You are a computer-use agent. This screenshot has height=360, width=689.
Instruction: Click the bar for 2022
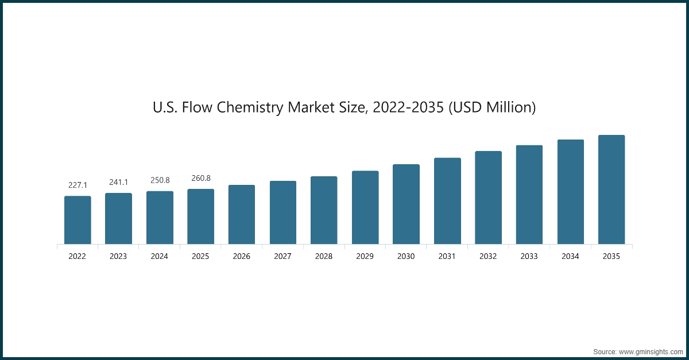[78, 220]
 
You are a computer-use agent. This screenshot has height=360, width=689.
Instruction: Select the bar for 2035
[611, 189]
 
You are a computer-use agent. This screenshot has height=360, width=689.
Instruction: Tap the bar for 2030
[406, 204]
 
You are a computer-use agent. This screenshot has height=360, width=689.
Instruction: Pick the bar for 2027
[283, 212]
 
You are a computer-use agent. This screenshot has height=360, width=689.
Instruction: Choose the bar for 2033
[529, 195]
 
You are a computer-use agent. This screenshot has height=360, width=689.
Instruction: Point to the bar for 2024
[160, 218]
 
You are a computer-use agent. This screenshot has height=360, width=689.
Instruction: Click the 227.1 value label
[78, 185]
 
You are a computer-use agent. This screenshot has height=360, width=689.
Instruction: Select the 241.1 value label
[118, 183]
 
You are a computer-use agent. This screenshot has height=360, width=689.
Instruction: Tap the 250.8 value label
[160, 180]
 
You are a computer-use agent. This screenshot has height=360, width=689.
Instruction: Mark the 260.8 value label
[201, 178]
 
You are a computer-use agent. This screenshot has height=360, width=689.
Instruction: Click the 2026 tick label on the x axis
[242, 257]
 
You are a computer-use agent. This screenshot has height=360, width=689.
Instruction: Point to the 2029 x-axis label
[365, 257]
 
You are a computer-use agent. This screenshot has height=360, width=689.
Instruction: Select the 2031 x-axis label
[447, 257]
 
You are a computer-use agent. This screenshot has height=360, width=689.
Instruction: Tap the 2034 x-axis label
[571, 257]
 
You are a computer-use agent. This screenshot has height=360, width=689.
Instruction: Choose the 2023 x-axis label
[118, 257]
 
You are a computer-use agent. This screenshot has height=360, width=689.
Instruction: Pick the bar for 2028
[324, 210]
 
